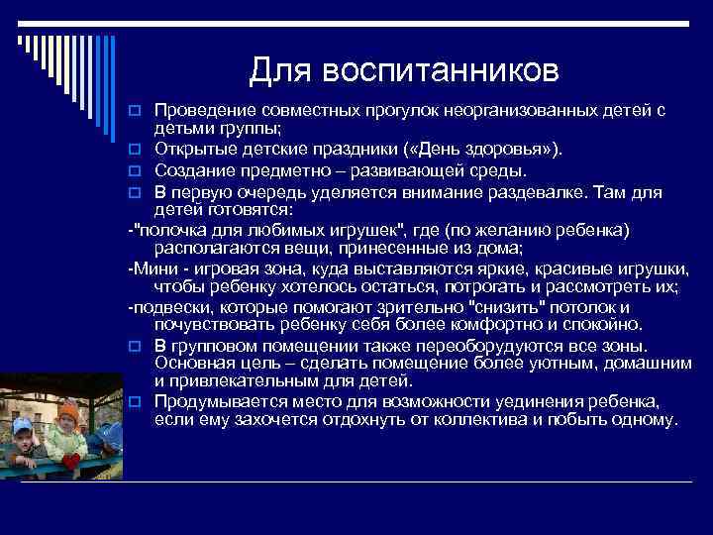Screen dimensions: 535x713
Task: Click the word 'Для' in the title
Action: click(279, 70)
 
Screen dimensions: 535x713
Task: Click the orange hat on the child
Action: click(67, 409)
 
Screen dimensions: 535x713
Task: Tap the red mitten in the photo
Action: click(70, 461)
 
